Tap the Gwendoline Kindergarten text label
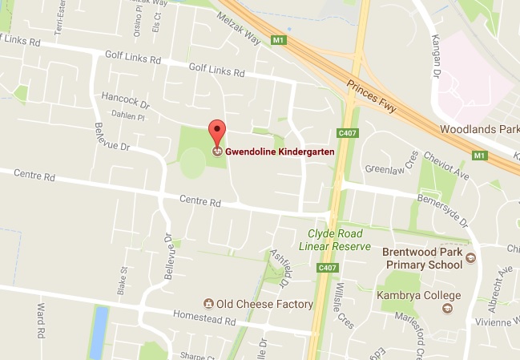pyautogui.click(x=279, y=151)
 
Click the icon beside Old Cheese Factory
pyautogui.click(x=208, y=304)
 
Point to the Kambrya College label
pyautogui.click(x=409, y=297)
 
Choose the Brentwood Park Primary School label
pyautogui.click(x=423, y=257)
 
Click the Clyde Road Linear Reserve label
pyautogui.click(x=334, y=240)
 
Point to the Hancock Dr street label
pyautogui.click(x=126, y=102)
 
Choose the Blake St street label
pyautogui.click(x=124, y=277)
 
